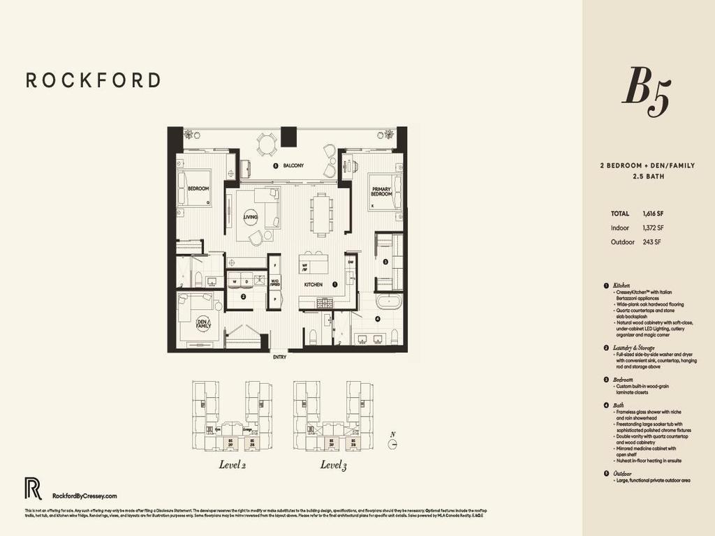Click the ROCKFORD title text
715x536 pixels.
(x=93, y=80)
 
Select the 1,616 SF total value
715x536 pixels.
(x=653, y=214)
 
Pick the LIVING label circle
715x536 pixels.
(x=250, y=217)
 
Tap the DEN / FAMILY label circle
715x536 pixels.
(x=203, y=325)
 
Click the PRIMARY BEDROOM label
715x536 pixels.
(x=381, y=192)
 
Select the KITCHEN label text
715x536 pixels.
(x=313, y=285)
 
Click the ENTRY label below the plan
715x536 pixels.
(x=279, y=357)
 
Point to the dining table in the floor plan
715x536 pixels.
(x=322, y=214)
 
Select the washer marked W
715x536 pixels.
(x=235, y=282)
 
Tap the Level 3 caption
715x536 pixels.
(x=334, y=466)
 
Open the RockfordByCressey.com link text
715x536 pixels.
(x=80, y=496)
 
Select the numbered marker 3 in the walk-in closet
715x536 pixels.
(x=385, y=262)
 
